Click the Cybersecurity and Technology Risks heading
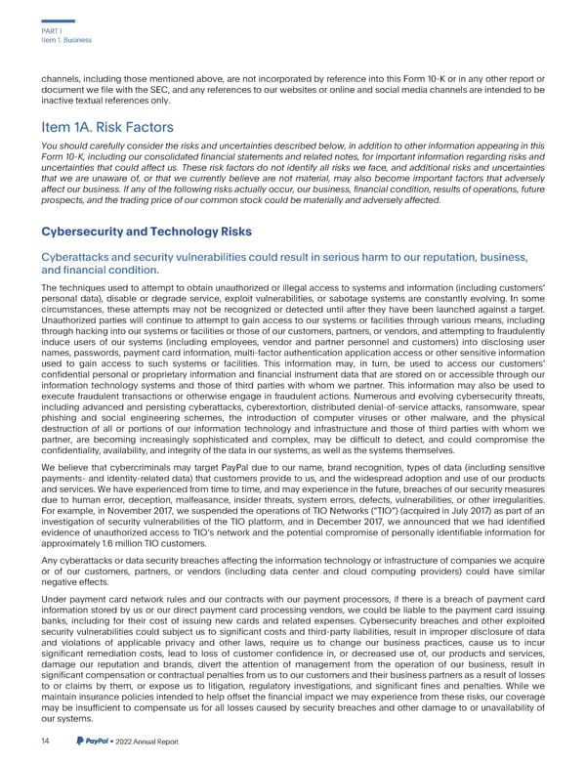[146, 232]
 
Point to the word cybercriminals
[146, 466]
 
